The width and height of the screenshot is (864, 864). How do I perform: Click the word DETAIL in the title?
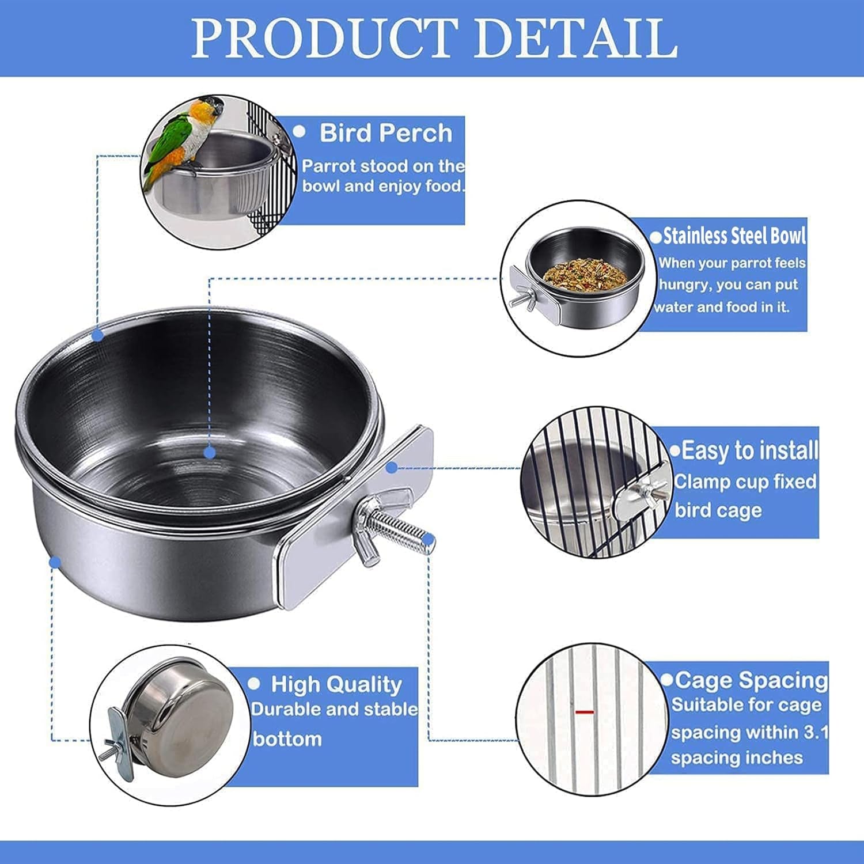[576, 38]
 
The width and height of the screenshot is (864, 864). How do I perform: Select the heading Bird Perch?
[386, 133]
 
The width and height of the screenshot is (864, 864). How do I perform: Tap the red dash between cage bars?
[584, 713]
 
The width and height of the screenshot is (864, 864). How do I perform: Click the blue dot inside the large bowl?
[210, 453]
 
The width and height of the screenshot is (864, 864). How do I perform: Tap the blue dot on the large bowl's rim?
[98, 334]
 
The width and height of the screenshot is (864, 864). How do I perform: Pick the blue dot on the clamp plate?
[392, 468]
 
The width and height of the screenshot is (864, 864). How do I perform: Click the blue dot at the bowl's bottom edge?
[55, 562]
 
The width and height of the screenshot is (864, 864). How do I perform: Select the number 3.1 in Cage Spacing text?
[816, 732]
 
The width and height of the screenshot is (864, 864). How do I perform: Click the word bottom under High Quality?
[287, 738]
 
